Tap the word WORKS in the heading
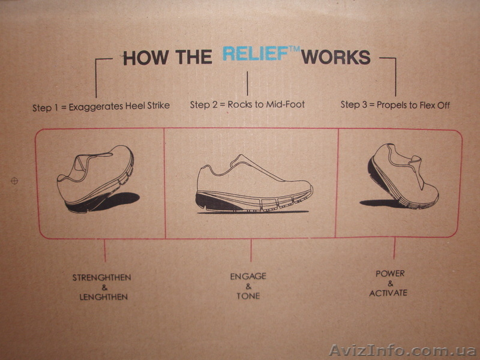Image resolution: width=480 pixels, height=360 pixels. click(336, 57)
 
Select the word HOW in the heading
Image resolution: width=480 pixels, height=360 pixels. click(146, 58)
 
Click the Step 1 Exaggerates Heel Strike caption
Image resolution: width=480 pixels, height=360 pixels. click(101, 107)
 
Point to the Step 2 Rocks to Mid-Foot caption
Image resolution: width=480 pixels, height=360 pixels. click(247, 104)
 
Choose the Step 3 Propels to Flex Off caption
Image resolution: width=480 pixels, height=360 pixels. click(395, 105)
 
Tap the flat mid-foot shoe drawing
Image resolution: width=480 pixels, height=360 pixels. click(254, 183)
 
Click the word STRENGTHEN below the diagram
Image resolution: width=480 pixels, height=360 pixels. click(101, 278)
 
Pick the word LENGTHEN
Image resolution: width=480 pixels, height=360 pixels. click(103, 297)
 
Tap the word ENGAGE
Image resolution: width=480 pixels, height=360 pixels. click(248, 277)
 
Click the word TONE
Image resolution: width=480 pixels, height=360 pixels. click(248, 296)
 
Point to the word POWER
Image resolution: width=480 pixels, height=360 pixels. click(390, 274)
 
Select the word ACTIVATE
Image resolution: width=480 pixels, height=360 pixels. click(388, 293)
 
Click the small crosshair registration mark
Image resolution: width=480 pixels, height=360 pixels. click(14, 181)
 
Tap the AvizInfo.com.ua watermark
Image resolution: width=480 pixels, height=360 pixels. click(402, 350)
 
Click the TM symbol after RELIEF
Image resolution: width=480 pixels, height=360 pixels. click(294, 49)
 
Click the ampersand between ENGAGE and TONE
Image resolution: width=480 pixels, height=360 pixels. click(248, 286)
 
